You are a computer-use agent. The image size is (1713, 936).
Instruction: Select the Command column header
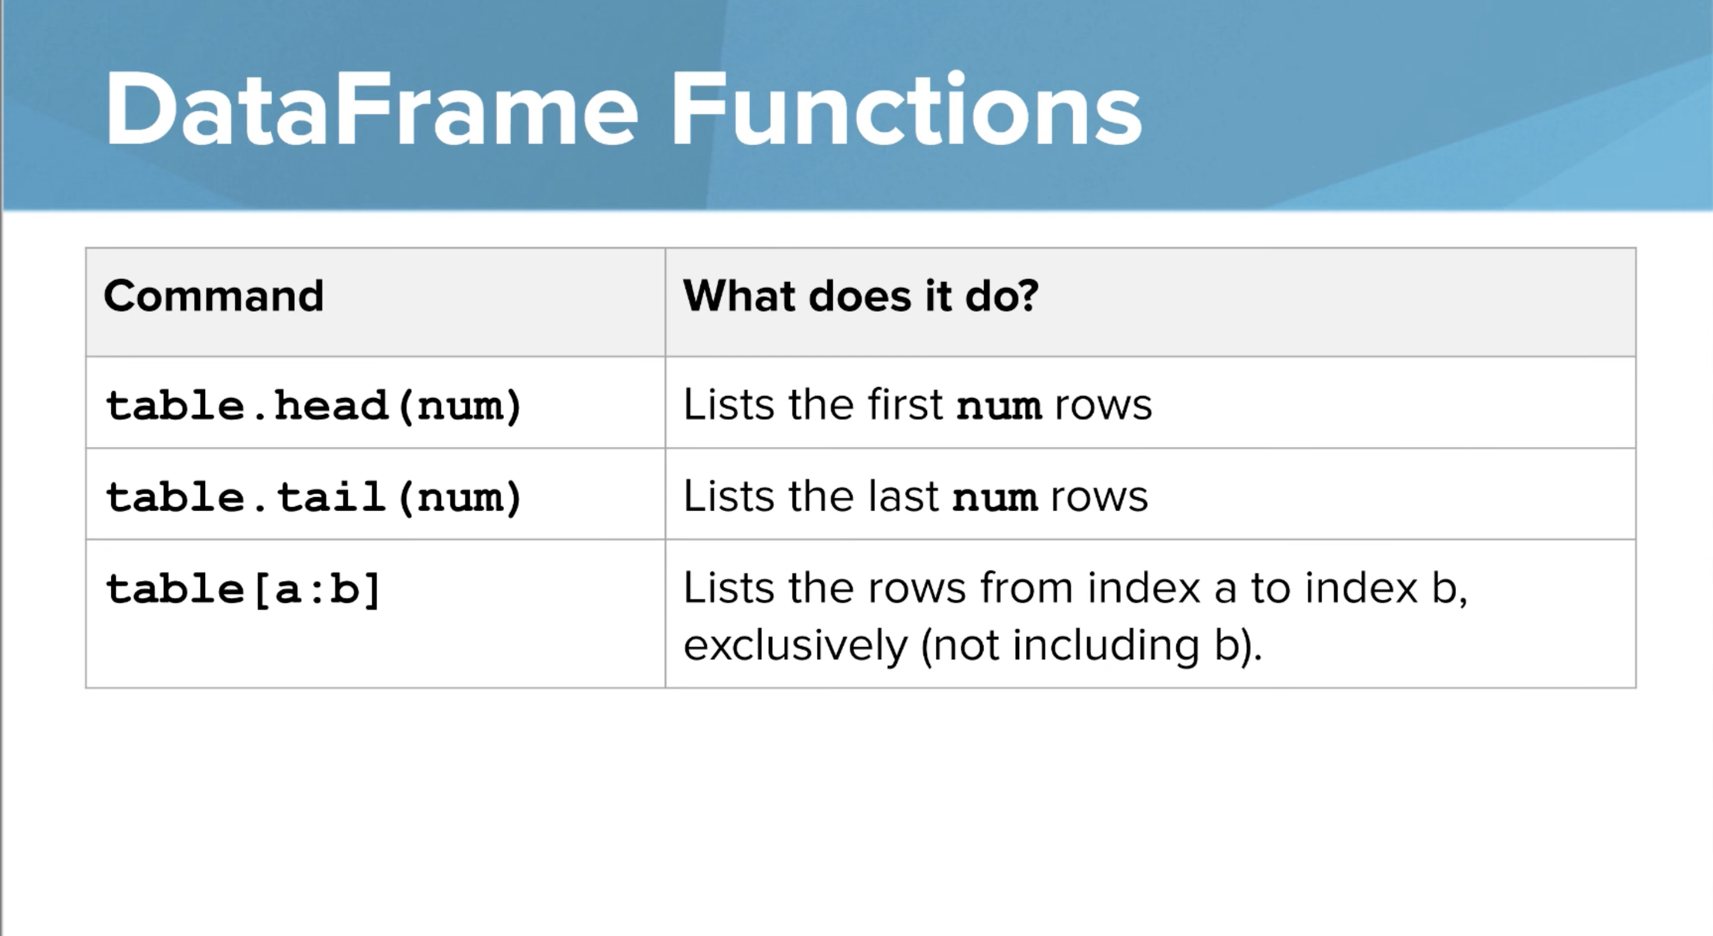(213, 295)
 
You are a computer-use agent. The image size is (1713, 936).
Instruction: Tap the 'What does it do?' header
(860, 295)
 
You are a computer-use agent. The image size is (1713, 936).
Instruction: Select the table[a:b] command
(243, 589)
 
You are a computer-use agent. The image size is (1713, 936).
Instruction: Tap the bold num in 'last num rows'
(995, 498)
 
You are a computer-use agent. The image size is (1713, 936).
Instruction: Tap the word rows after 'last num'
(1098, 497)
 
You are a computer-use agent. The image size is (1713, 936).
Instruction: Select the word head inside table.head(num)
(330, 405)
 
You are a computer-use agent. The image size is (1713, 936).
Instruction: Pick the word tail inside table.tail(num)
(330, 497)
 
